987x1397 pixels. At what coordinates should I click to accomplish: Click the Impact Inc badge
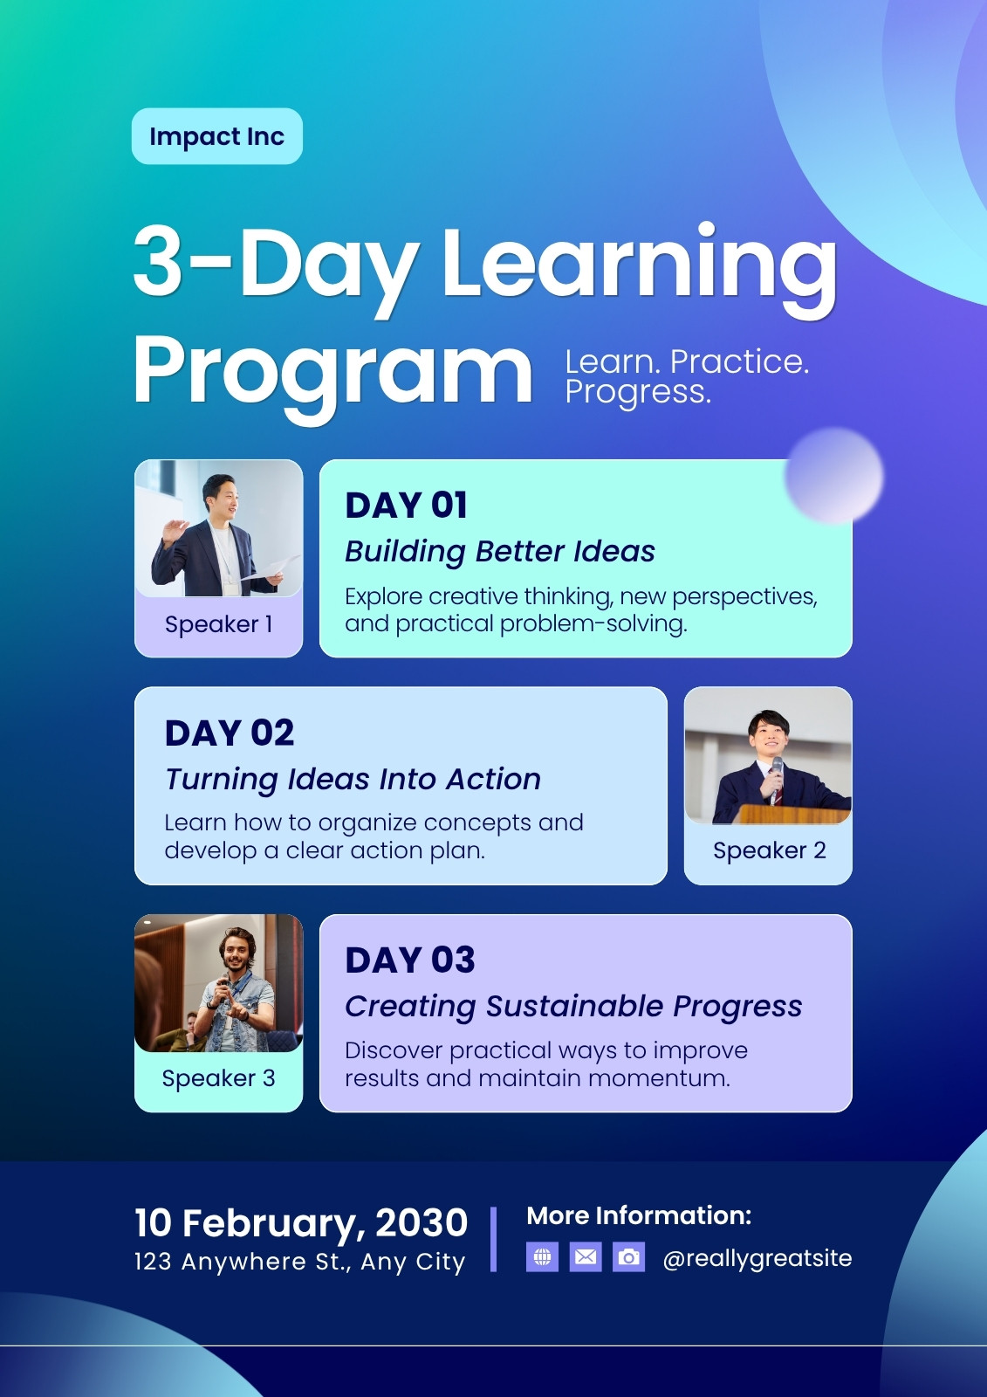[217, 136]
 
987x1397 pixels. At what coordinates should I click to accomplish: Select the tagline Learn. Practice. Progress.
[687, 376]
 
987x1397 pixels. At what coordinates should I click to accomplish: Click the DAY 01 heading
[406, 506]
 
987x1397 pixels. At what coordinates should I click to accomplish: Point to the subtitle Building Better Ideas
[500, 552]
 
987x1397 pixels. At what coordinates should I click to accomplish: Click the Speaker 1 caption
[219, 624]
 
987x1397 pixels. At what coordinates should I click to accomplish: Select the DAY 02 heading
[230, 733]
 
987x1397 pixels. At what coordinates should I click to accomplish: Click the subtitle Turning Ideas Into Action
[353, 780]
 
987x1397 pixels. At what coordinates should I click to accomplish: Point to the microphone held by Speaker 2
[777, 779]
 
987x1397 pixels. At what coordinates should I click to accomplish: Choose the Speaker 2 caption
[770, 850]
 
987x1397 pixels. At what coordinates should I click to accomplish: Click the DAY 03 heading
[410, 960]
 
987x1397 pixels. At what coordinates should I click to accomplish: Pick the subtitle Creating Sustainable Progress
[573, 1007]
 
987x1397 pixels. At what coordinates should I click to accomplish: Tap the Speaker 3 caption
[219, 1078]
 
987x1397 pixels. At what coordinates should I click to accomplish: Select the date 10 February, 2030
[301, 1222]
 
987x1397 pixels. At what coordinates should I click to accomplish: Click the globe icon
[543, 1257]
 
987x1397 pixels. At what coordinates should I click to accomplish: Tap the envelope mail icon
[586, 1257]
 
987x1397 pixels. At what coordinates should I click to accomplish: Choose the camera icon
[629, 1257]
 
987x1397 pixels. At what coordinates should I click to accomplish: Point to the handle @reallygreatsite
[757, 1258]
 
